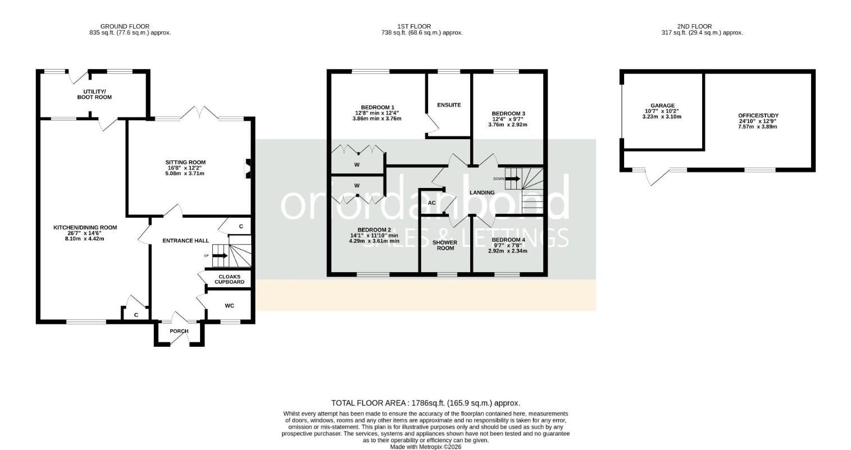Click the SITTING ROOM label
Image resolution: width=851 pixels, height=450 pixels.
tap(185, 162)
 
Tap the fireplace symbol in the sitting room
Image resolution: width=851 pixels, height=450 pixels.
tap(248, 168)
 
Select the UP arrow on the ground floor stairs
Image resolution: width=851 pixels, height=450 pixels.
tap(220, 256)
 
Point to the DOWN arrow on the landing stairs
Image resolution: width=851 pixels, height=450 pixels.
tap(513, 179)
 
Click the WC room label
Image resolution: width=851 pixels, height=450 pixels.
tap(230, 306)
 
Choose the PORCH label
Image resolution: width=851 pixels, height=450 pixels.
tap(179, 331)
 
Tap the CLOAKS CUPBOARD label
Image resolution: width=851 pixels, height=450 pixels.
tap(230, 279)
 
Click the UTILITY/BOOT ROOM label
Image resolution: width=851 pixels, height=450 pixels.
tap(94, 94)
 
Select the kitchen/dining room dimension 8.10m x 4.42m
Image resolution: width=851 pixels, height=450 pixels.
tap(84, 238)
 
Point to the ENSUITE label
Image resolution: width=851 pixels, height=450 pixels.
tap(449, 105)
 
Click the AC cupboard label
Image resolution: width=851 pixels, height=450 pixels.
tap(431, 203)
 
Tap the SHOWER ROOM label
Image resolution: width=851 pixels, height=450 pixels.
tap(445, 246)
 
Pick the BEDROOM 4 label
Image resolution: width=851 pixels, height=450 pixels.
tap(508, 240)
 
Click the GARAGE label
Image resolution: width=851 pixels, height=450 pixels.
tap(663, 106)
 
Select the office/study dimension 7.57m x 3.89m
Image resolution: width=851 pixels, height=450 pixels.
tap(758, 127)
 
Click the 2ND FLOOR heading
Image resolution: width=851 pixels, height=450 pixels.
tap(694, 26)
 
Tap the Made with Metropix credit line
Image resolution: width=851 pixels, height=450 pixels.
tap(426, 447)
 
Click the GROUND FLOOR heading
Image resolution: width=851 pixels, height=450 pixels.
tap(125, 26)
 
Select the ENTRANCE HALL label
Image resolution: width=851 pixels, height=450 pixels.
tap(186, 241)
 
